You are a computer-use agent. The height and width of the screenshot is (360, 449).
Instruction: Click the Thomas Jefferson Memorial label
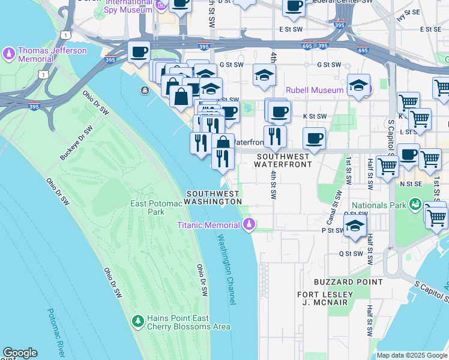(52, 55)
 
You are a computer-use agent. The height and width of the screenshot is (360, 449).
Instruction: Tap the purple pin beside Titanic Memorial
(249, 225)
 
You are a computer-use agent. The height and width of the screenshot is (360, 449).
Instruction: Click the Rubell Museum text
(315, 90)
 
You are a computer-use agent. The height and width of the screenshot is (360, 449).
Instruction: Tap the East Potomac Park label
(156, 208)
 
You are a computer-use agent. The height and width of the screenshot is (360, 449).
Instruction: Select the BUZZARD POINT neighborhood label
(348, 281)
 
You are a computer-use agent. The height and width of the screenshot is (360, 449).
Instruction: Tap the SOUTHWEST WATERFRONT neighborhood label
(283, 160)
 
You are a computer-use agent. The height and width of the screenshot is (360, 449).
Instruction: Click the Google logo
(19, 353)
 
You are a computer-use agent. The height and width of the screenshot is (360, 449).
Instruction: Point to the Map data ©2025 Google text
(412, 355)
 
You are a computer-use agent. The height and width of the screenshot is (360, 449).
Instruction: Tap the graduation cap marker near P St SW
(355, 226)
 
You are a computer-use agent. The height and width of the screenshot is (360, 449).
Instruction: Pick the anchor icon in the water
(145, 91)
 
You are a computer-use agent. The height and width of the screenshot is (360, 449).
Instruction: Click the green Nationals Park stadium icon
(415, 205)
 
